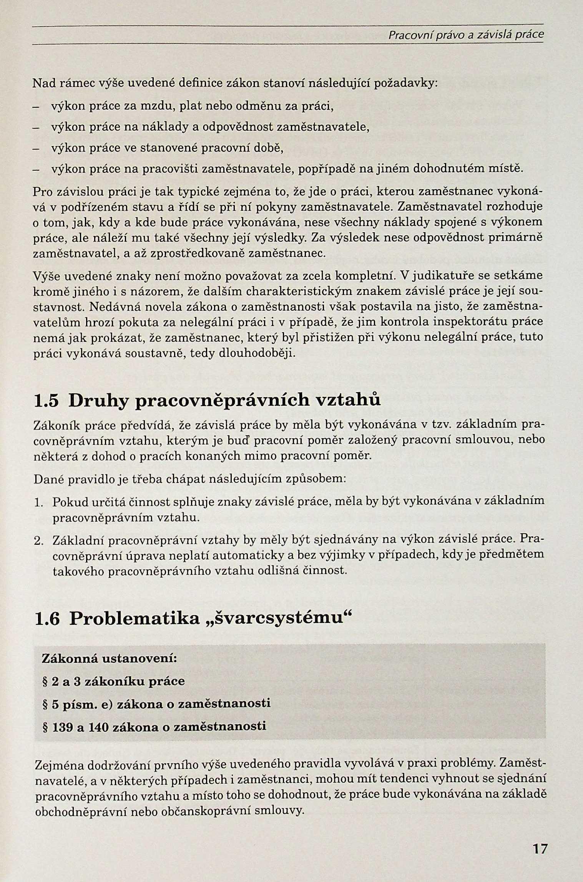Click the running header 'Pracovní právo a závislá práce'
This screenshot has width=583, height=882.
pos(466,35)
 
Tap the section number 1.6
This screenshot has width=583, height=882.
pos(47,619)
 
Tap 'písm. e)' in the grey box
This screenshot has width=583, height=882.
pos(82,704)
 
